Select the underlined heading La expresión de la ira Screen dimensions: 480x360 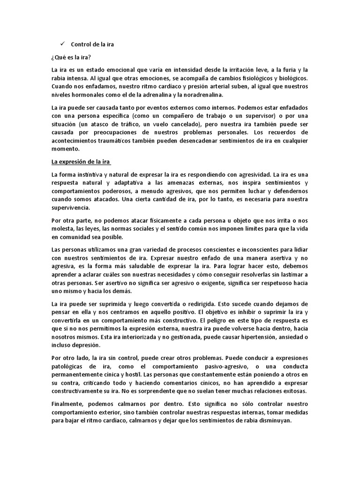[x=81, y=162]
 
